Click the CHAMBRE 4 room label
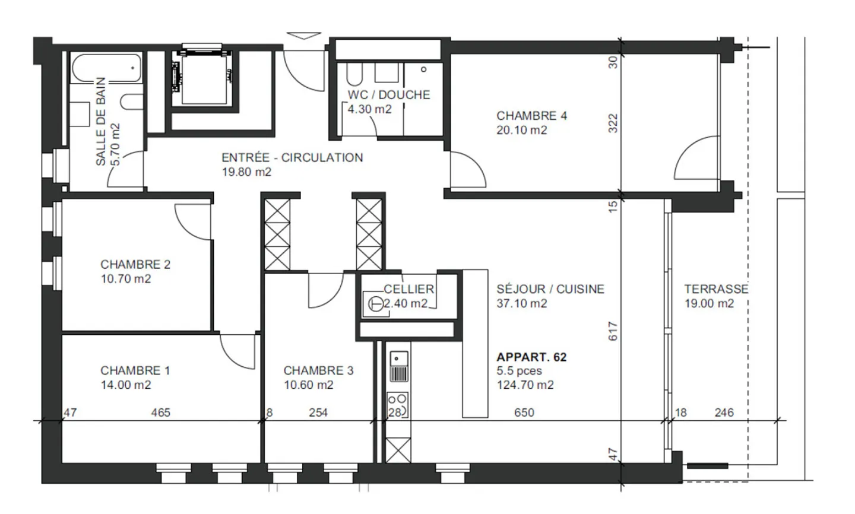tap(531, 116)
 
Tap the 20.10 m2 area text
tap(521, 130)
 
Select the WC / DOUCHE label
tap(389, 95)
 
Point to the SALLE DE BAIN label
tap(100, 121)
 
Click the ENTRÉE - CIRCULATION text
tap(292, 158)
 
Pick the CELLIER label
tap(408, 289)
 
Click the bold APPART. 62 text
tap(531, 357)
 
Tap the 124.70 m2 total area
tap(525, 385)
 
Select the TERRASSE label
tap(715, 289)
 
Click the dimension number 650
tap(524, 413)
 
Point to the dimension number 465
tap(160, 413)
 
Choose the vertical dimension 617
tap(613, 331)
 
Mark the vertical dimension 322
tap(613, 123)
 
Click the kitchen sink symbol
tap(398, 366)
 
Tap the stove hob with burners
tap(397, 404)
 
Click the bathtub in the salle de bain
tap(106, 68)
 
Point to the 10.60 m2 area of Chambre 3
tap(308, 385)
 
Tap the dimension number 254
tap(318, 413)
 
